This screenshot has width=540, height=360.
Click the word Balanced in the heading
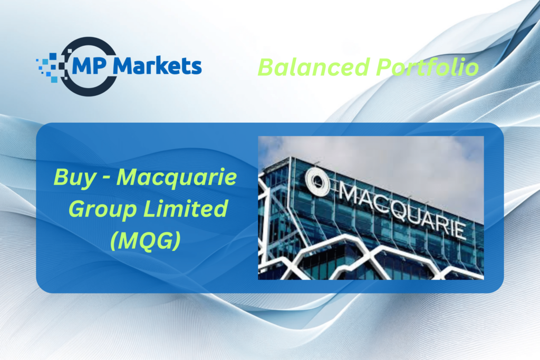click(314, 67)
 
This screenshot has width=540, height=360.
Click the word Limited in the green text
click(185, 208)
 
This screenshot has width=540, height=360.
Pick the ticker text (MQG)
click(146, 240)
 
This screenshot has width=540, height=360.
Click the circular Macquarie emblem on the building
click(317, 181)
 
